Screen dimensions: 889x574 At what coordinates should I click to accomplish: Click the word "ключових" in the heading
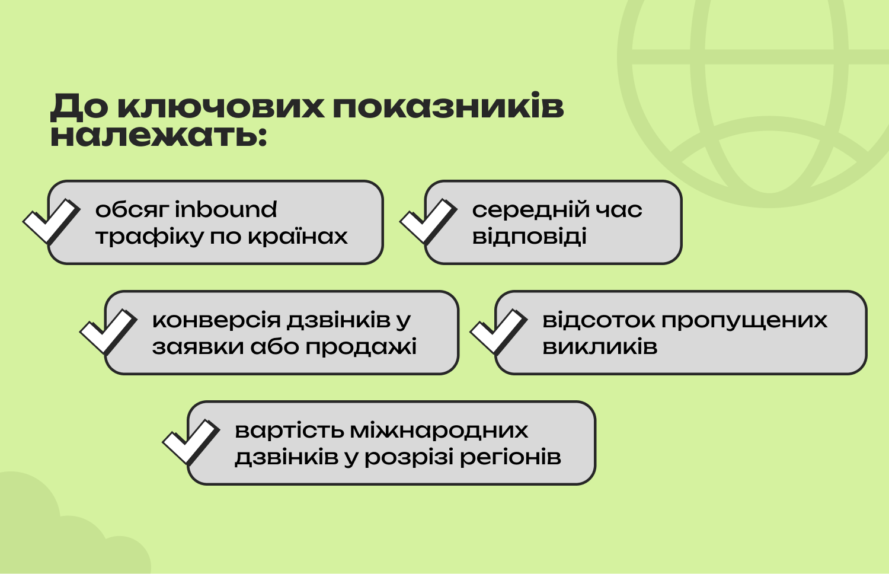click(220, 106)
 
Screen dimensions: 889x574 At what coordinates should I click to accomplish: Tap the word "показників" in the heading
click(448, 106)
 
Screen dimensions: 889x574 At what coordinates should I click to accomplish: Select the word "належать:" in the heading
click(158, 136)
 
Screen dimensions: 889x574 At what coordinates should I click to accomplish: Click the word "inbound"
click(226, 209)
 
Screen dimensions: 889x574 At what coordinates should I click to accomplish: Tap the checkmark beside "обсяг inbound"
click(52, 221)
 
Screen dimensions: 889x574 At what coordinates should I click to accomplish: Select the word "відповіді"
click(529, 236)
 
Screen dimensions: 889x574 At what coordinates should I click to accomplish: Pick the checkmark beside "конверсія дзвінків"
click(108, 331)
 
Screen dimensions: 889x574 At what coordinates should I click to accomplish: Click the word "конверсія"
click(216, 320)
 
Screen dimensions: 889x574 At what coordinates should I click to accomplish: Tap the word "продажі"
click(361, 347)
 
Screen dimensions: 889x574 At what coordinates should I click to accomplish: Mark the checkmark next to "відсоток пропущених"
click(498, 331)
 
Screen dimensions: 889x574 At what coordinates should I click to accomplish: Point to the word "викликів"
click(600, 346)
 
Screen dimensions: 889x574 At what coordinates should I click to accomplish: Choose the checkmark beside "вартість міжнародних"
click(191, 441)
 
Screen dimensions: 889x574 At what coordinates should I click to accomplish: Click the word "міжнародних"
click(439, 430)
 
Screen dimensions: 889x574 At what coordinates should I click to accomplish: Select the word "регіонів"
click(510, 457)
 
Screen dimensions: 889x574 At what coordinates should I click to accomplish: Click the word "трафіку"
click(149, 236)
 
